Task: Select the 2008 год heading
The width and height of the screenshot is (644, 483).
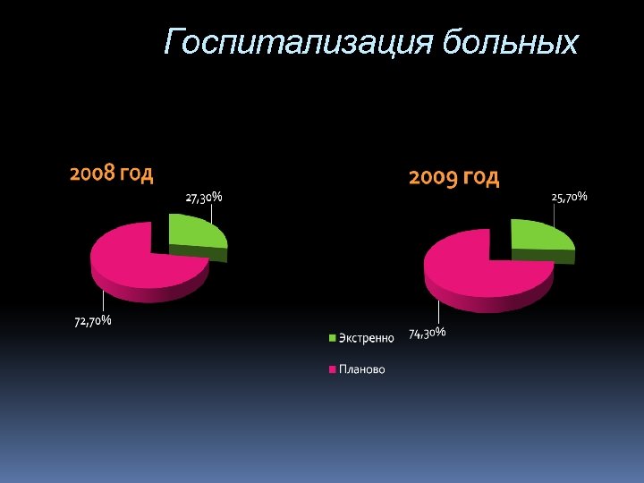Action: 112,173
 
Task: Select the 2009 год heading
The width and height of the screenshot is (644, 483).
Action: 453,178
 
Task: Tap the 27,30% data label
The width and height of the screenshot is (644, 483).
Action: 204,197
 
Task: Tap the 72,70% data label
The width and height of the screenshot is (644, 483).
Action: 92,321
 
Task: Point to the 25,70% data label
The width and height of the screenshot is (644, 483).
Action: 569,197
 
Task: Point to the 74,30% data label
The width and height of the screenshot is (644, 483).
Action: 428,333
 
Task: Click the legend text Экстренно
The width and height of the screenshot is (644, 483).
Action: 366,338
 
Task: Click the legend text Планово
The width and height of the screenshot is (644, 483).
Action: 362,369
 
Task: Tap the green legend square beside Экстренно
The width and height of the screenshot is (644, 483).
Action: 333,338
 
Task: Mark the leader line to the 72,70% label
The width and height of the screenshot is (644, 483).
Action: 104,302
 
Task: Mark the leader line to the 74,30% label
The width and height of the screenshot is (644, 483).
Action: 438,314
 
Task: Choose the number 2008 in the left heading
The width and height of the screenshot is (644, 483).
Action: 91,173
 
